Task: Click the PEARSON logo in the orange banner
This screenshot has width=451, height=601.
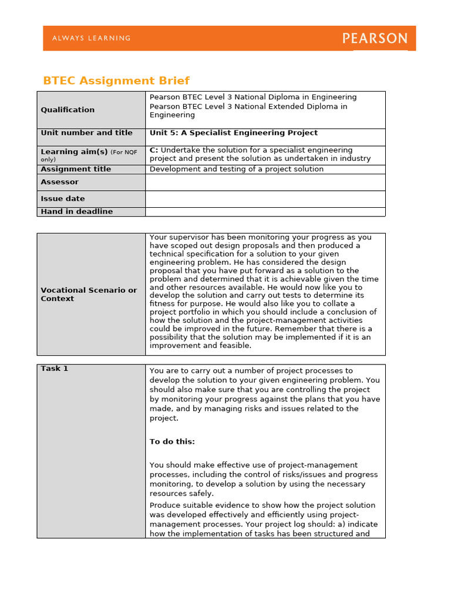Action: tap(375, 39)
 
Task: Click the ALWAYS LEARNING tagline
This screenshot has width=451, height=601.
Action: tap(92, 38)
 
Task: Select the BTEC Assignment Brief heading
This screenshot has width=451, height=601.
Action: tap(116, 80)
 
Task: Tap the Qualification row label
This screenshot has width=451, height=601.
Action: tap(68, 110)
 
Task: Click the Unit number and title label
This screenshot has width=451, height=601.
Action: tap(86, 133)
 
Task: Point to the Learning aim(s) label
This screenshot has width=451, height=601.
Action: tap(74, 151)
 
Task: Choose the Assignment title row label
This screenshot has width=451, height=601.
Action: tap(76, 169)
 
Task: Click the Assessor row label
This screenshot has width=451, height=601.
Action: tap(59, 182)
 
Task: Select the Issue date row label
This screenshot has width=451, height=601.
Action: tap(62, 198)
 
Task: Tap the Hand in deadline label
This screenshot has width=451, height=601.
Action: tap(76, 211)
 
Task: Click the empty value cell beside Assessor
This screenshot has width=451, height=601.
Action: tap(265, 182)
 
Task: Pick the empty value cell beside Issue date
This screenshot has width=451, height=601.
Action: tap(265, 198)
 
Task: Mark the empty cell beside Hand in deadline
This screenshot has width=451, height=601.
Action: tap(265, 211)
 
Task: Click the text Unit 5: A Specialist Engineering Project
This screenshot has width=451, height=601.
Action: tap(234, 133)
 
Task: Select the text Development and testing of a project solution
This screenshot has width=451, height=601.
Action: tap(237, 169)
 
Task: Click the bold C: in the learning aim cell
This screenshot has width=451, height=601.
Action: tap(154, 150)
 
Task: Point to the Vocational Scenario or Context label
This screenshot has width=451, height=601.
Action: tap(89, 294)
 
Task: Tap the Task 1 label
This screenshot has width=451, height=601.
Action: tap(54, 369)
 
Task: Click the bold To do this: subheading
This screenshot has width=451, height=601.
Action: tap(172, 441)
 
